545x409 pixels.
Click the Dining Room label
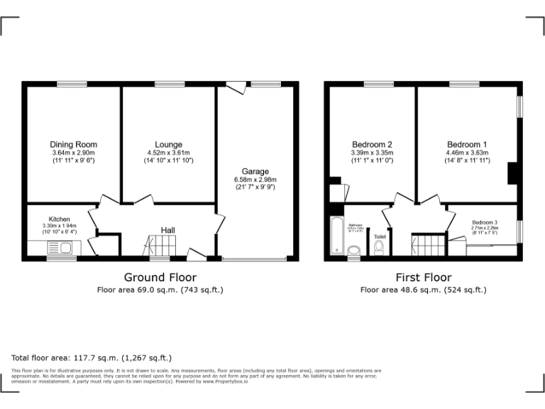[x=73, y=145]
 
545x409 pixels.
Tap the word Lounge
[x=168, y=145]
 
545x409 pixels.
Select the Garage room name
[x=255, y=172]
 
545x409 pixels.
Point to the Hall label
[x=168, y=230]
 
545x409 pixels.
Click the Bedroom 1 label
[x=466, y=144]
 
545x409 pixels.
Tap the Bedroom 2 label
[x=371, y=144]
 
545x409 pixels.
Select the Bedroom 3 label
[x=485, y=222]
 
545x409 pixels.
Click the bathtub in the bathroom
[x=336, y=236]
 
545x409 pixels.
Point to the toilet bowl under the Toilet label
[x=379, y=247]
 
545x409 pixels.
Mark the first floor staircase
[x=428, y=245]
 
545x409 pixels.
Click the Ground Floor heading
[x=160, y=277]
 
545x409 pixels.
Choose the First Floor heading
[x=424, y=277]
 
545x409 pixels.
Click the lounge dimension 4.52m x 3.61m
[x=168, y=153]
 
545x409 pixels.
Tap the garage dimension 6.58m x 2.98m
[x=255, y=180]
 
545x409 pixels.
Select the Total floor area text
[x=92, y=358]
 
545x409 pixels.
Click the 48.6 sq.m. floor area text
[x=423, y=290]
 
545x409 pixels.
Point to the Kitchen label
[x=59, y=219]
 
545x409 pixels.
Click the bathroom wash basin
[x=353, y=249]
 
